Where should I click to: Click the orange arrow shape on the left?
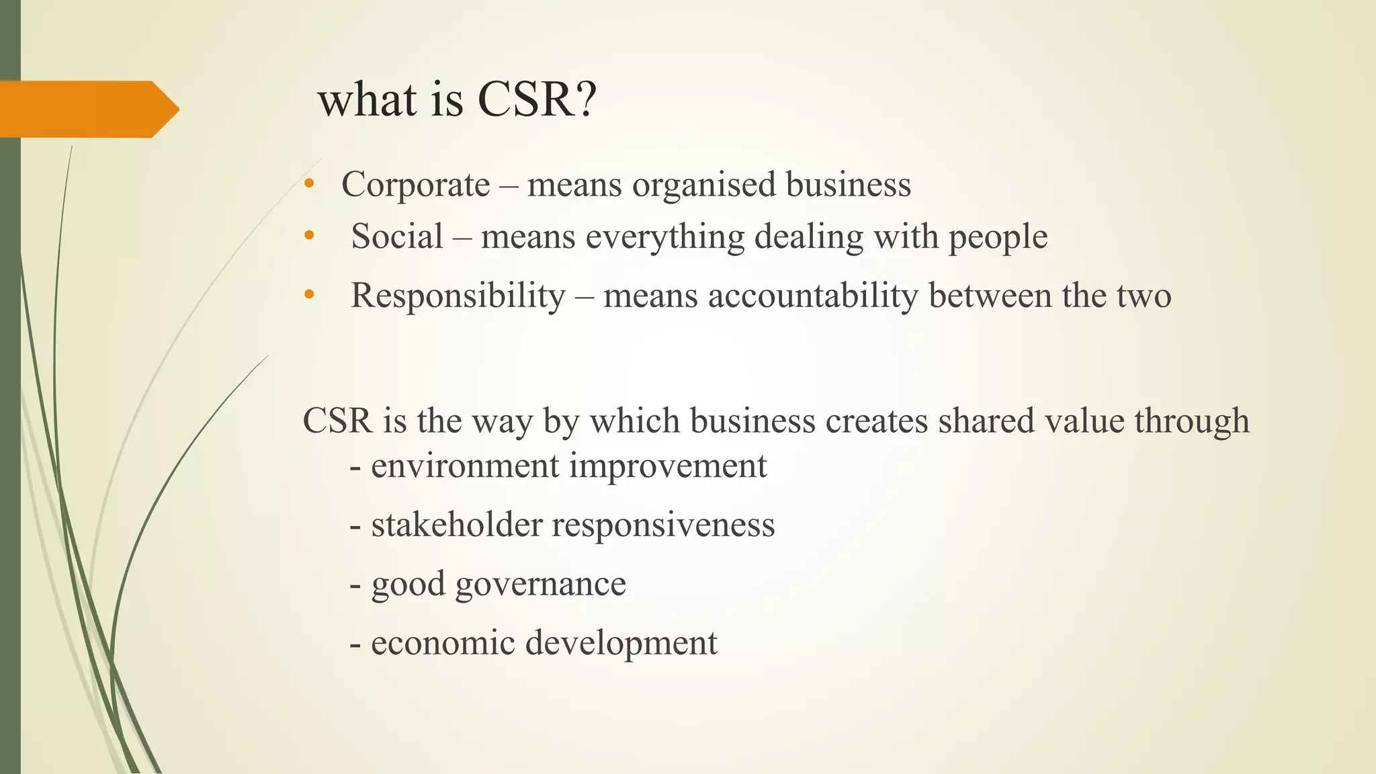tap(87, 109)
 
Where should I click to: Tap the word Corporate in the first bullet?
tap(415, 185)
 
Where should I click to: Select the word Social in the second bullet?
tap(396, 236)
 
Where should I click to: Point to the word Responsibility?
tap(458, 296)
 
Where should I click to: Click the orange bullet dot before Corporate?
tap(308, 184)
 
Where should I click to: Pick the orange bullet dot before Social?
tap(308, 236)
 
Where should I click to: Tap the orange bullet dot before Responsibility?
tap(308, 294)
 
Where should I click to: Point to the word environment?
tap(465, 466)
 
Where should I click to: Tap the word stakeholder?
tap(456, 525)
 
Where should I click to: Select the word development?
tap(621, 644)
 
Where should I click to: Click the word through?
tap(1192, 422)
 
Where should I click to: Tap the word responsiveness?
tap(663, 525)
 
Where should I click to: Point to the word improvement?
tap(668, 466)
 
